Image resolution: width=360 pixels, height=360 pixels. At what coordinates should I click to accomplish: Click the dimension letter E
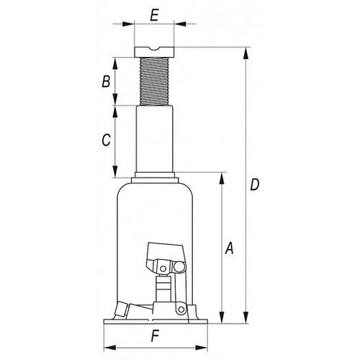(x=154, y=16)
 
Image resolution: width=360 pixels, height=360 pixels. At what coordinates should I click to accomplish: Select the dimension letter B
(x=106, y=81)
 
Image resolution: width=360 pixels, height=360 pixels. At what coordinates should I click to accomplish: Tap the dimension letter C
(x=106, y=140)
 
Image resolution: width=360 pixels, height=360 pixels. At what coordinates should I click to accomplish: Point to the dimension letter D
(x=255, y=185)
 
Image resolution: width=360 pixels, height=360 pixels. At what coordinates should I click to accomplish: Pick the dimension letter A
(x=229, y=248)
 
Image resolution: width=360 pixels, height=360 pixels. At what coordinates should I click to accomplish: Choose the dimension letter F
(x=155, y=336)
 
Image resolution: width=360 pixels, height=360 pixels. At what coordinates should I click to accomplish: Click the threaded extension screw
(x=154, y=81)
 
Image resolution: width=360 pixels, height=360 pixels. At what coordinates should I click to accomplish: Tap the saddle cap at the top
(x=154, y=52)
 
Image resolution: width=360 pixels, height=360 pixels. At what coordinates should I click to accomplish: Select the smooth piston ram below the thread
(x=154, y=139)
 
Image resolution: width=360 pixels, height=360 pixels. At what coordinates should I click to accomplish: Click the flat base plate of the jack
(x=156, y=321)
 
